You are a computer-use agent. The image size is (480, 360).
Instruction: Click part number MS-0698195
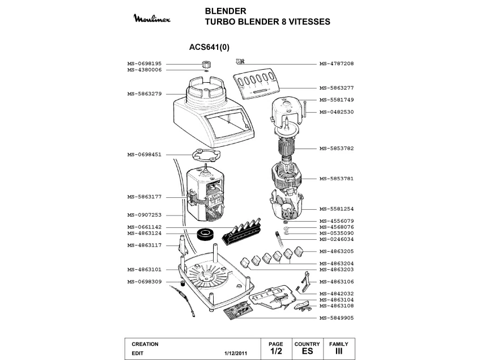tap(145, 63)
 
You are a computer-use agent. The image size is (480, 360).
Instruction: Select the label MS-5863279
tap(145, 94)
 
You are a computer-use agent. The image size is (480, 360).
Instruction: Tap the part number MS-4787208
tap(337, 63)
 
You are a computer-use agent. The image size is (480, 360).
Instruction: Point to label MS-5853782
tap(337, 148)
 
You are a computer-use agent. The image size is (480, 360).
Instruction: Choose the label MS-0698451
tap(145, 154)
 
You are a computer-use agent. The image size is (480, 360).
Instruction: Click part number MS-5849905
tap(337, 318)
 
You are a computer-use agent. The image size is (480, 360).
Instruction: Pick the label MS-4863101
tap(145, 269)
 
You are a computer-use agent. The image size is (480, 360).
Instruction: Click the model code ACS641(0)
tap(209, 48)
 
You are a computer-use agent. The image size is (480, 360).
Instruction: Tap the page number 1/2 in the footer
tap(276, 351)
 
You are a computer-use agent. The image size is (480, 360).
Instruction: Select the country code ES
tap(307, 351)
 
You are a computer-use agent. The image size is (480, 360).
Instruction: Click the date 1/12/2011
tap(236, 353)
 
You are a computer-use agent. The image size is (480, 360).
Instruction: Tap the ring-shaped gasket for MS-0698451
tap(204, 155)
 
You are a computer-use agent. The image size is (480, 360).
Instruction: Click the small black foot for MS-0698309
tap(183, 282)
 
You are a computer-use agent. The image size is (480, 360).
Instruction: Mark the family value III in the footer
tap(339, 351)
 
